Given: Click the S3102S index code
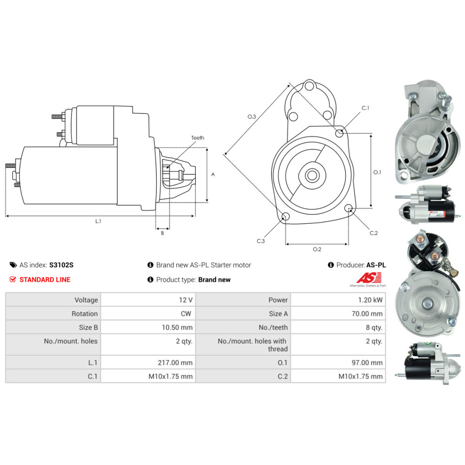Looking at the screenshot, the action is click(x=61, y=265).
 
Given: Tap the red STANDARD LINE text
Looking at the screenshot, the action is click(x=45, y=279).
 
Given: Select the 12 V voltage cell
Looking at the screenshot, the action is click(x=186, y=300).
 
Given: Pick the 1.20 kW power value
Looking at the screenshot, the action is click(x=371, y=300).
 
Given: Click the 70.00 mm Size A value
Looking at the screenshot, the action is click(x=367, y=314).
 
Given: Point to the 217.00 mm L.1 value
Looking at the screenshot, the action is click(x=175, y=363).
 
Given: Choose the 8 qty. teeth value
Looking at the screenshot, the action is click(x=374, y=327).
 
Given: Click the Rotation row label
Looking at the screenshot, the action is click(x=85, y=314).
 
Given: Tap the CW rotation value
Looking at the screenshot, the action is click(x=186, y=314).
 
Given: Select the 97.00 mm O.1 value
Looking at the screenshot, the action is click(x=367, y=363).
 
